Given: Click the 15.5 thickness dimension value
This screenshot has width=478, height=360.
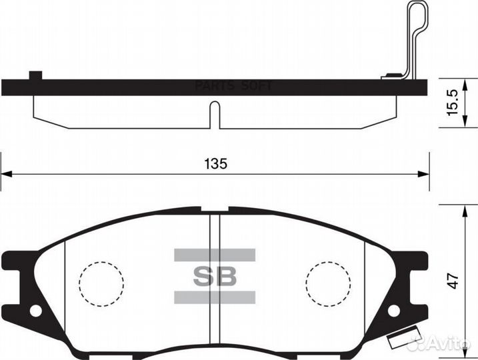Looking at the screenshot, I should tap(454, 101).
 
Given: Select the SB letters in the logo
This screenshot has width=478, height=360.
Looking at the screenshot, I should tap(215, 276).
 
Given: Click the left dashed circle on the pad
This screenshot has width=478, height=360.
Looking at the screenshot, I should tap(101, 283).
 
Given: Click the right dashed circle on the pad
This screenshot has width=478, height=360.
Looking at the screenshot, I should tap(328, 283).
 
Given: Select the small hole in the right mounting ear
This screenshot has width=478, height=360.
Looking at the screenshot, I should tap(393, 311).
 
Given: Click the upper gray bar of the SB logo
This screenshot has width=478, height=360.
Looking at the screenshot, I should tap(215, 254).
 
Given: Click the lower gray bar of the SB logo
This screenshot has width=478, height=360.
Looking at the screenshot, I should tap(215, 297).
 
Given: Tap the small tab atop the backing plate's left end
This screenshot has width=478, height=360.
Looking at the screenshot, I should tap(35, 75).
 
